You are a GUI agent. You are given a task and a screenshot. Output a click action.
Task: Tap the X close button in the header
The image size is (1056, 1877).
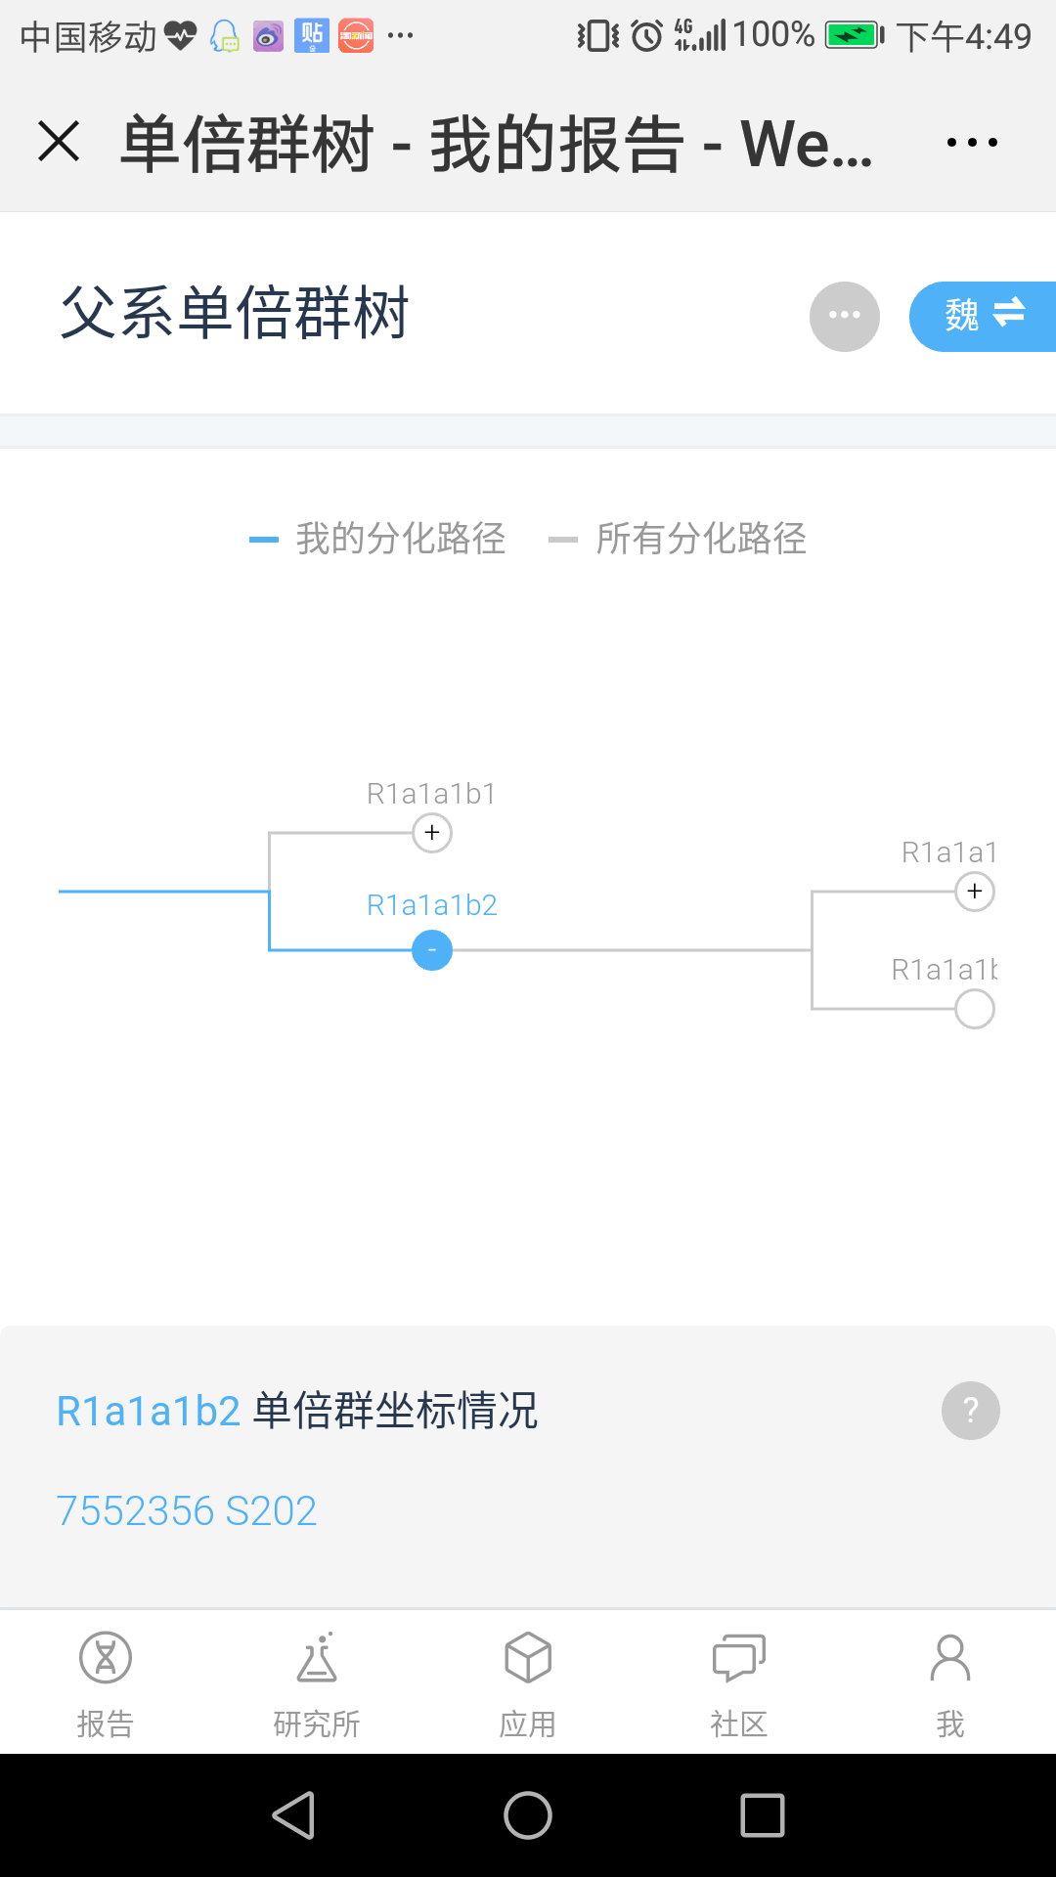tap(59, 142)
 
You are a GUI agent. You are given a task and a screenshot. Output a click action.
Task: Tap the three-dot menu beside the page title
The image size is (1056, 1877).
tap(972, 143)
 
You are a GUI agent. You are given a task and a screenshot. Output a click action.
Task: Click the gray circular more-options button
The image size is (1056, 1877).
tap(845, 316)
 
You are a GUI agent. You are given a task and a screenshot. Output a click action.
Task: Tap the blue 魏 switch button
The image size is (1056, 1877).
tap(983, 316)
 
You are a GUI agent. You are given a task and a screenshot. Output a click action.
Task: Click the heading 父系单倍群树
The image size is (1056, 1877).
tap(235, 314)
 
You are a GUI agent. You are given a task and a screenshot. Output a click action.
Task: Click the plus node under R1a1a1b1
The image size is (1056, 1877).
tap(432, 833)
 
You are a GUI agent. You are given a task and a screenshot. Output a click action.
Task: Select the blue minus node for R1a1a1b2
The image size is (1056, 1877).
tap(432, 950)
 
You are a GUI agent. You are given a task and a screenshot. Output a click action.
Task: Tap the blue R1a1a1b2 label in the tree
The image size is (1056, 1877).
tap(432, 905)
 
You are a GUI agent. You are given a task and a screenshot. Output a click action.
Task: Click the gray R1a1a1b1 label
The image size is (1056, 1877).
tap(431, 794)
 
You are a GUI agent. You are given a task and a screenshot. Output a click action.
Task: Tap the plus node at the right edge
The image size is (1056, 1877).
tap(975, 892)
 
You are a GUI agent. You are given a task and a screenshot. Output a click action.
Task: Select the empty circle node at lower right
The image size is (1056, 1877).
tap(975, 1009)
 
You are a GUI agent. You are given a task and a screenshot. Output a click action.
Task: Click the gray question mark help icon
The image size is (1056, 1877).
tap(970, 1411)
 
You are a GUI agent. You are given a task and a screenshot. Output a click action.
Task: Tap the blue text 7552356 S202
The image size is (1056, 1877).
tap(187, 1511)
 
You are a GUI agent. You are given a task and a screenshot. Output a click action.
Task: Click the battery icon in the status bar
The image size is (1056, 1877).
tap(854, 36)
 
